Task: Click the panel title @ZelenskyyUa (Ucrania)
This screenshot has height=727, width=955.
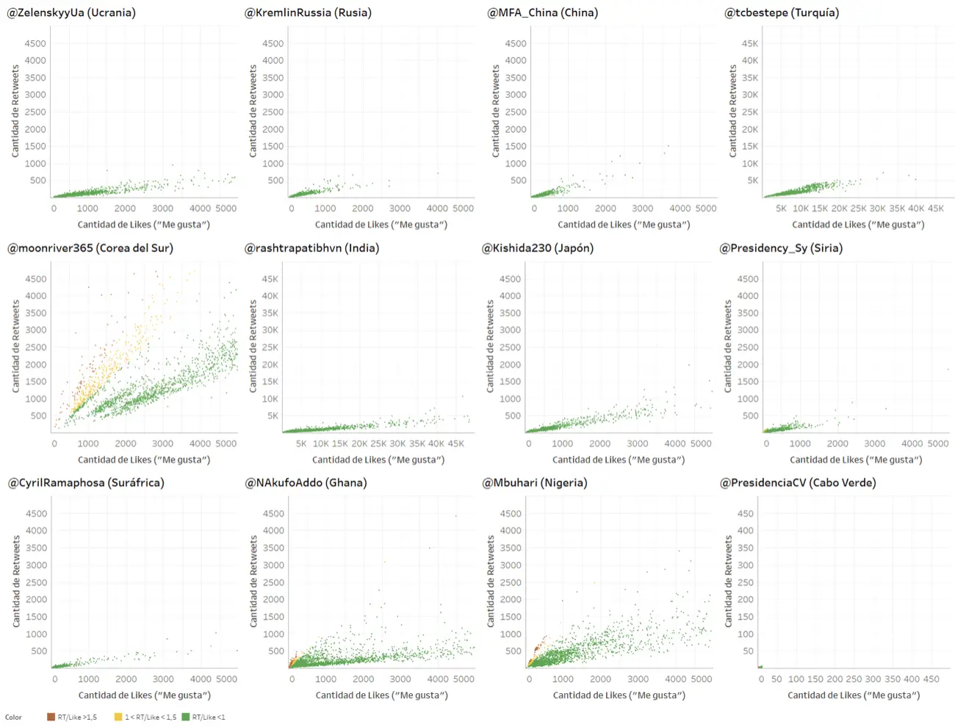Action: [x=71, y=12]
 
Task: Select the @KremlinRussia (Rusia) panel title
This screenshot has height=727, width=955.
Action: [x=308, y=12]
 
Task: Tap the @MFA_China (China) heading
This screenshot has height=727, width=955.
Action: [x=543, y=12]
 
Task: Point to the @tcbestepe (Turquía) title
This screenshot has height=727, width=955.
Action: [x=782, y=12]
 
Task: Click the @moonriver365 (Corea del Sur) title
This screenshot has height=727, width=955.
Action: [x=90, y=247]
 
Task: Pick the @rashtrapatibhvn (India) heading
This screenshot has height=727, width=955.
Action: [x=312, y=247]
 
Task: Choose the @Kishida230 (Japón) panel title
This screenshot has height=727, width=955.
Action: [x=538, y=247]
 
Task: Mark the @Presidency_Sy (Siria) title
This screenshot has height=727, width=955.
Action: [x=781, y=247]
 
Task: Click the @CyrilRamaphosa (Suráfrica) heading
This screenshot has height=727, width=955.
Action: [x=86, y=482]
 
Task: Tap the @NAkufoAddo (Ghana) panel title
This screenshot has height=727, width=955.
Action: [x=306, y=482]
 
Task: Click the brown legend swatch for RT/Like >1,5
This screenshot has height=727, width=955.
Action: [x=51, y=717]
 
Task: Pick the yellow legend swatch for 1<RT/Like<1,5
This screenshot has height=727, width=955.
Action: [x=118, y=717]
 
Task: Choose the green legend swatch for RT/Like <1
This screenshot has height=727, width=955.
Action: [x=186, y=717]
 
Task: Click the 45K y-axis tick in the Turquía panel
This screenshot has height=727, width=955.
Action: [x=749, y=43]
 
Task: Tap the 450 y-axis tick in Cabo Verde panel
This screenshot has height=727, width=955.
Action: [x=746, y=513]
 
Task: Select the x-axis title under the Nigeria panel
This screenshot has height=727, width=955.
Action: [x=619, y=695]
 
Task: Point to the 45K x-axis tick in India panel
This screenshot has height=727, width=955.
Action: [x=455, y=444]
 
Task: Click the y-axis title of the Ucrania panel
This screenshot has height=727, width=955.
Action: [x=15, y=111]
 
